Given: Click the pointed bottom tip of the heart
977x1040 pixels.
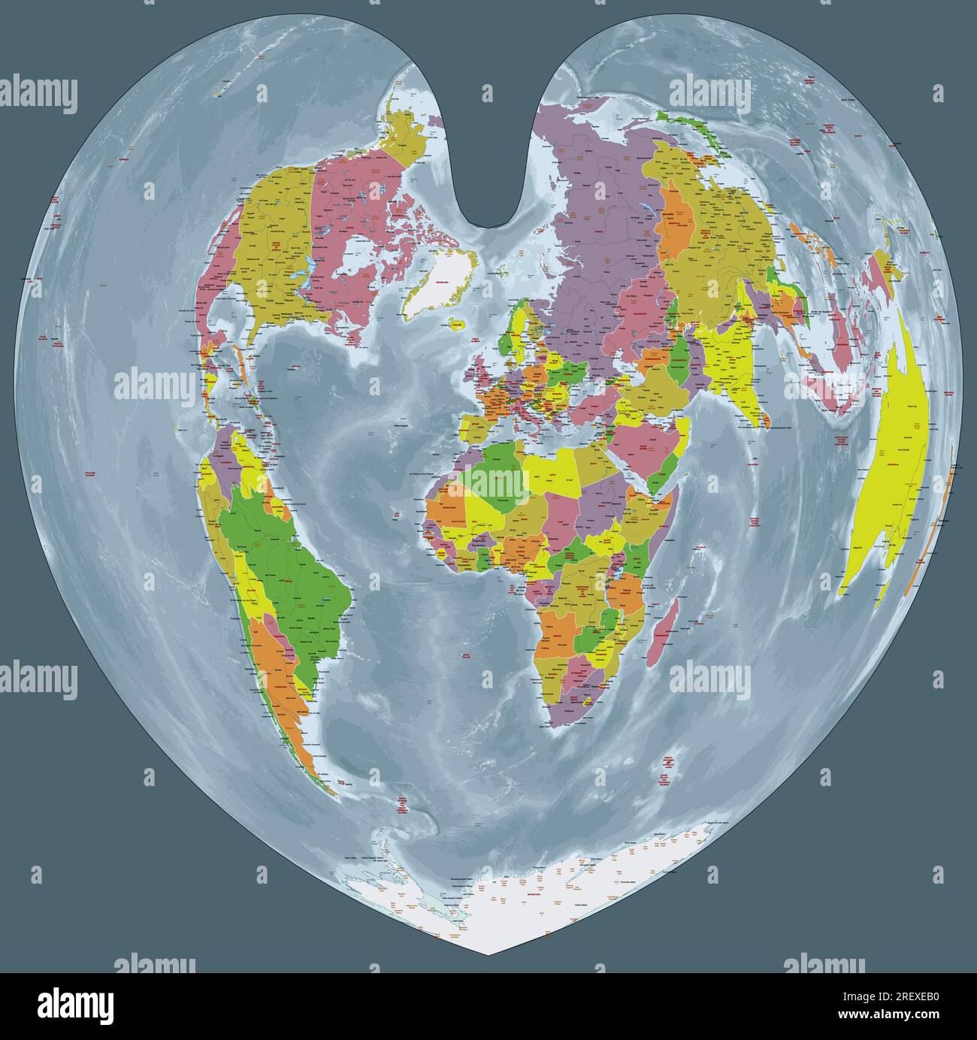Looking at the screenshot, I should tap(488, 955).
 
